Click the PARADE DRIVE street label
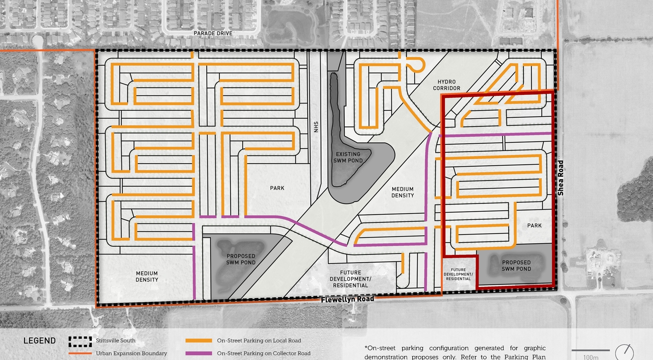213,33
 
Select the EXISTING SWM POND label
348,157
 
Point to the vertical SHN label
316,126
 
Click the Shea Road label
560,178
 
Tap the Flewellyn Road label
347,299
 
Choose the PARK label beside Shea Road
534,225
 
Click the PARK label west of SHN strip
277,188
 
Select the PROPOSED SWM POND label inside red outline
516,266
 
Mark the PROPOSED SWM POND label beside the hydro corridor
241,259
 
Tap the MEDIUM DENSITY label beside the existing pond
403,192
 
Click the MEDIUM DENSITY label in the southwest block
147,276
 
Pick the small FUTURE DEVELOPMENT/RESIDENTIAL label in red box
458,274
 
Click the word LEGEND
39,341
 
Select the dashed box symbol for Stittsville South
80,341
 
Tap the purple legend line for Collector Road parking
198,353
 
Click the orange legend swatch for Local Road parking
198,341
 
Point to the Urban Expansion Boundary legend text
131,353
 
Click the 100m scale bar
590,350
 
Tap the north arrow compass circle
624,353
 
